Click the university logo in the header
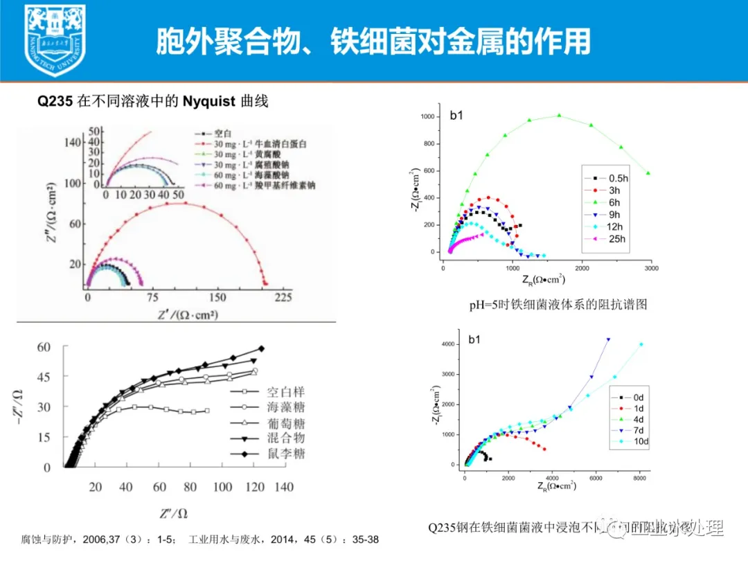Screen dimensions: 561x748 (55, 39)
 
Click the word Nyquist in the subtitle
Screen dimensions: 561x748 (211, 102)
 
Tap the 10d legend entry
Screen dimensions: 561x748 (638, 442)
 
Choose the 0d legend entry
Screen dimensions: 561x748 (636, 397)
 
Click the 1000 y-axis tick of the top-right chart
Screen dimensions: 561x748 (428, 117)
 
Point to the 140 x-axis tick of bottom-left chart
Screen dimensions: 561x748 (283, 487)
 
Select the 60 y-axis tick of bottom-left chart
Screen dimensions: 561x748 (44, 347)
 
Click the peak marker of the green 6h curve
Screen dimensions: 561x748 (559, 116)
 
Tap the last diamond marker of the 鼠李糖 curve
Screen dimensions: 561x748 (261, 348)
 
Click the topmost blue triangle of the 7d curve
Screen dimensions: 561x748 (608, 339)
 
